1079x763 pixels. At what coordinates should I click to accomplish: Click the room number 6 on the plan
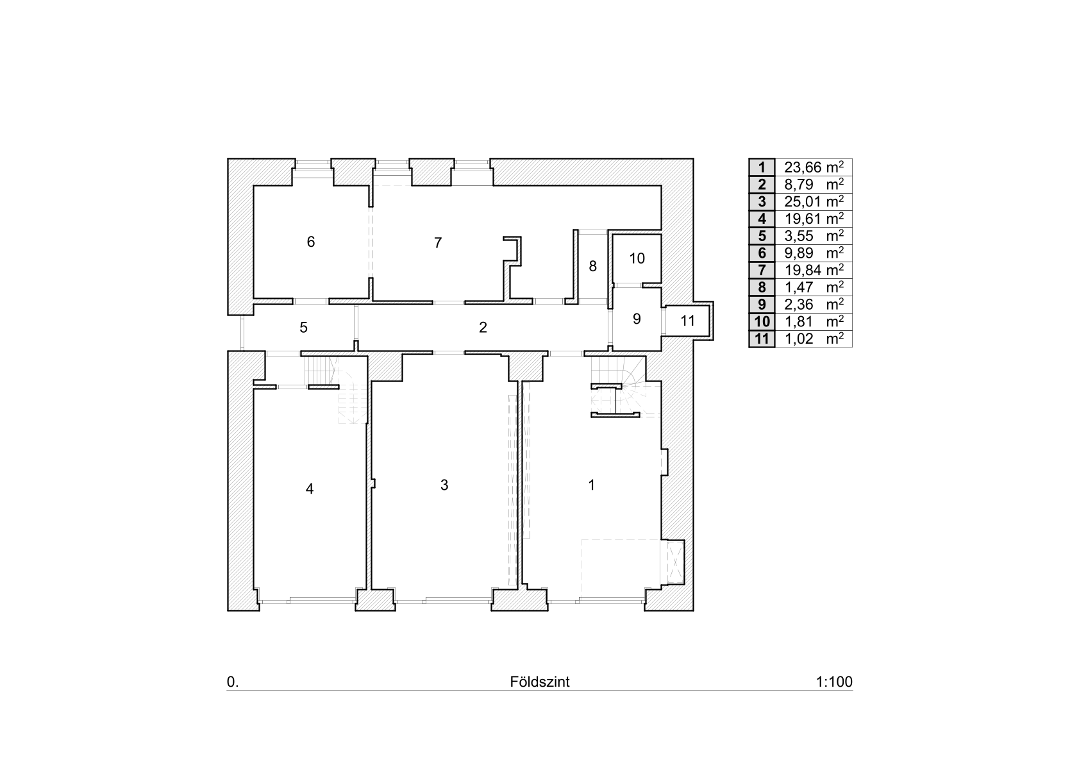(311, 242)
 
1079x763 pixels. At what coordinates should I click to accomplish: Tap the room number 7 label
(438, 243)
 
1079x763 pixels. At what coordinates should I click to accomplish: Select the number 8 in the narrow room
(592, 266)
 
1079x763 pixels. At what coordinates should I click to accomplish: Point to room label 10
(637, 258)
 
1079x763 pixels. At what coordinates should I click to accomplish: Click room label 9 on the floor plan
(637, 319)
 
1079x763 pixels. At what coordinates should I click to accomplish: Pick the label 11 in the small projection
(687, 321)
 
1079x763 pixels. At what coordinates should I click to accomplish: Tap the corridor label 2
(483, 328)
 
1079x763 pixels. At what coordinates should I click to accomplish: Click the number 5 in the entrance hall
(303, 328)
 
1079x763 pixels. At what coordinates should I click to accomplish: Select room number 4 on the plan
(310, 489)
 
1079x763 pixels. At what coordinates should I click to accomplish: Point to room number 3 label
(444, 485)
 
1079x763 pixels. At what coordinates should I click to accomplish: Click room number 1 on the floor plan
(592, 485)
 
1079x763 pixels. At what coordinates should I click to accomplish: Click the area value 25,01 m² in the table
(814, 201)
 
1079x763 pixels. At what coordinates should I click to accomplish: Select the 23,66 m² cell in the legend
(814, 167)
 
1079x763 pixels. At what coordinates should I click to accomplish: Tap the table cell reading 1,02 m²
(814, 339)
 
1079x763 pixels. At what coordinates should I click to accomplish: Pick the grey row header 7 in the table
(762, 270)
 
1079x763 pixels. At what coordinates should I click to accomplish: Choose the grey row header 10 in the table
(762, 321)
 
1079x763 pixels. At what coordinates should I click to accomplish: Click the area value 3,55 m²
(814, 235)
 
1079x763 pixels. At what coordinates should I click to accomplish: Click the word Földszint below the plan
(540, 682)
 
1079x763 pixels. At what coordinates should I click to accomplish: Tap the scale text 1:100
(834, 682)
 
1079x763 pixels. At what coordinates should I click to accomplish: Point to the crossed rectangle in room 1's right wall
(676, 562)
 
